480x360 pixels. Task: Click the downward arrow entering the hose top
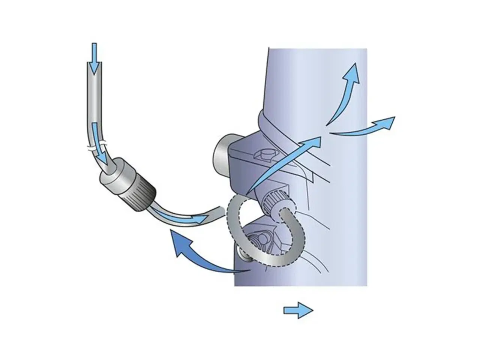coord(94,56)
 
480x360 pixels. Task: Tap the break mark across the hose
coord(95,146)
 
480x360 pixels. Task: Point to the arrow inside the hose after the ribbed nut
coord(180,216)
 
